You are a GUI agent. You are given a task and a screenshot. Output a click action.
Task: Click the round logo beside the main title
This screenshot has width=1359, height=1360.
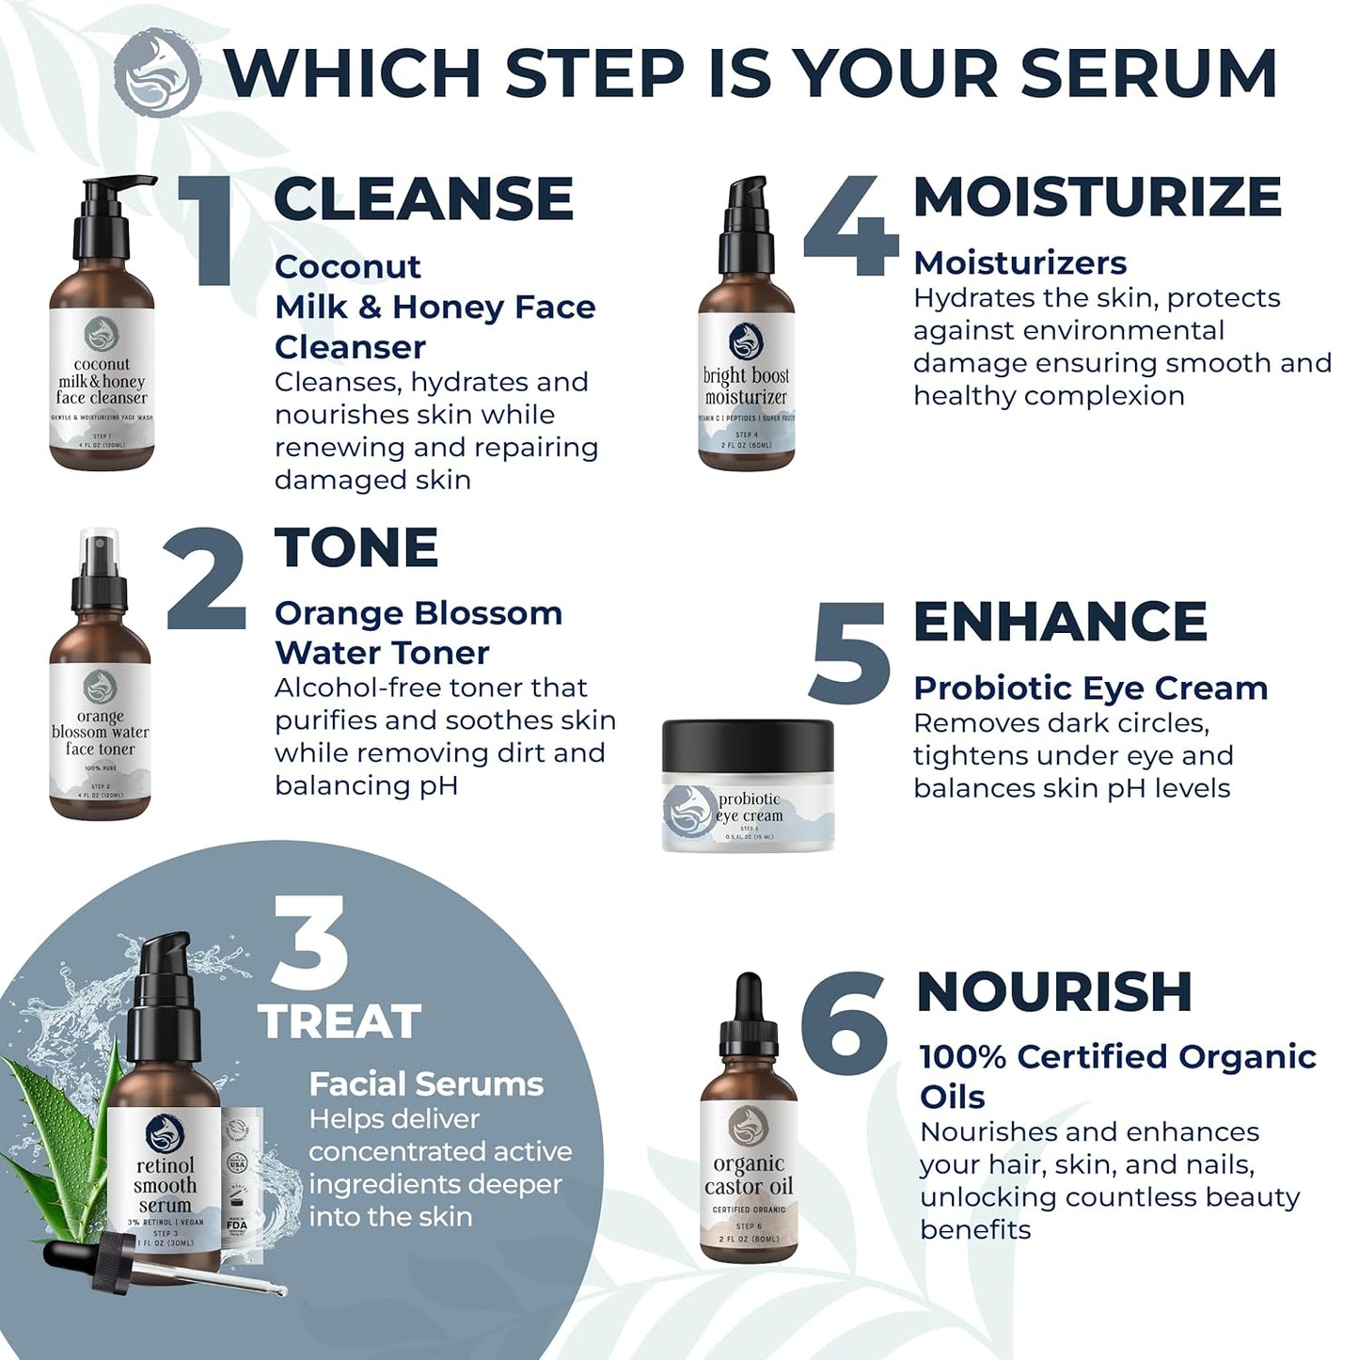(157, 72)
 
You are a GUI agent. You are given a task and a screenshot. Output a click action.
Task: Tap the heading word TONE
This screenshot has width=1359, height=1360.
(356, 547)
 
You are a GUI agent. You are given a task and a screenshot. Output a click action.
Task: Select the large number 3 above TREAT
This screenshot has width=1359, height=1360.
(309, 944)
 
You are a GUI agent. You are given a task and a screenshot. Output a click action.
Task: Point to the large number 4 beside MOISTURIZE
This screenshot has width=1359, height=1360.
(851, 227)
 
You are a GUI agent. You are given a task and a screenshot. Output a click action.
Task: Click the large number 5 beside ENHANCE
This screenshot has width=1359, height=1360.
(849, 653)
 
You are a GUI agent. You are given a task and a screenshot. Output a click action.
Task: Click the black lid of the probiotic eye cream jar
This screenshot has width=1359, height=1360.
(748, 745)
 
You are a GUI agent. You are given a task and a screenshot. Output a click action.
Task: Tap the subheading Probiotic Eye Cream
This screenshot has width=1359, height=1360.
(1090, 688)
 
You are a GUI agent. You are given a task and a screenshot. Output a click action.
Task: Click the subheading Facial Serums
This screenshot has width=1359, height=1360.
(426, 1083)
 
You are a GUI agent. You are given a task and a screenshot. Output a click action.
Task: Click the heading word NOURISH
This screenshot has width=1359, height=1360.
(1054, 991)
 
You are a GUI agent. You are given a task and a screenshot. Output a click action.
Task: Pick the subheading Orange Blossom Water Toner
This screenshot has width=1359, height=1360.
(419, 632)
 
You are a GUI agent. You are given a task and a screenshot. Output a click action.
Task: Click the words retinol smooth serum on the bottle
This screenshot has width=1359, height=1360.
(165, 1185)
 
